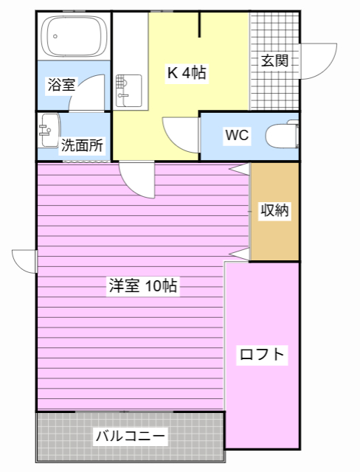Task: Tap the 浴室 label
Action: tap(60, 83)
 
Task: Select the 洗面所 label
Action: tap(82, 145)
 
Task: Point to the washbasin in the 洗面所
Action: tap(49, 130)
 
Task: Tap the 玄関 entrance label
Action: tap(274, 60)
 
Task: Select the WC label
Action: tap(237, 135)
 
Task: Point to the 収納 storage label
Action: tap(275, 211)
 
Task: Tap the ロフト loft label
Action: tap(262, 355)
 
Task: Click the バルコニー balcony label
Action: tap(131, 436)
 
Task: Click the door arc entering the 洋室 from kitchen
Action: tap(137, 180)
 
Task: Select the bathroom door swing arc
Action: tap(94, 93)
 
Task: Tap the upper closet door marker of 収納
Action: tap(240, 169)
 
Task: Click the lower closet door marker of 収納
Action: tap(240, 254)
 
